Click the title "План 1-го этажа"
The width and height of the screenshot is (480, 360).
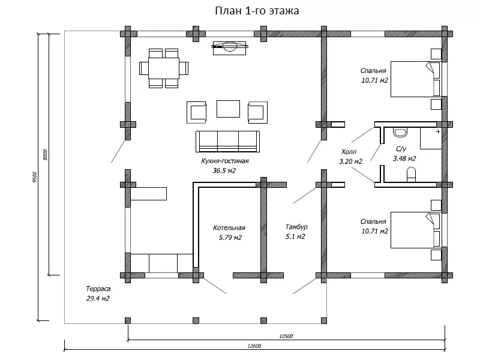click(x=257, y=11)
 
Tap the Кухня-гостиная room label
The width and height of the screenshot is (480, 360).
click(x=225, y=161)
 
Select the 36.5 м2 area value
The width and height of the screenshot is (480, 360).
click(x=224, y=170)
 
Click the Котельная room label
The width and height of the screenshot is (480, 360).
click(x=229, y=228)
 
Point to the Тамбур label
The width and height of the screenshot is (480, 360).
click(x=296, y=227)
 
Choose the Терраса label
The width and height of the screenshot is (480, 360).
click(x=98, y=289)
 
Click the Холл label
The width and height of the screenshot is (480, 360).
click(x=349, y=152)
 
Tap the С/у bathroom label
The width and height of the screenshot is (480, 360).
click(x=401, y=149)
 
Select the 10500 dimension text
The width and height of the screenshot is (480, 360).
click(x=286, y=336)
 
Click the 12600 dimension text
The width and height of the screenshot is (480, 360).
click(x=254, y=346)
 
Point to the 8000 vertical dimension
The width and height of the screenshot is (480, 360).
click(x=45, y=155)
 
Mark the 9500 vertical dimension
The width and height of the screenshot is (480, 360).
click(x=34, y=177)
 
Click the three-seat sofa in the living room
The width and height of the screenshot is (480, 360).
click(x=228, y=142)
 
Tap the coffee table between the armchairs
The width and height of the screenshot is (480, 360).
click(x=229, y=109)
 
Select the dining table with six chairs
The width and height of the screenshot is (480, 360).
click(x=164, y=68)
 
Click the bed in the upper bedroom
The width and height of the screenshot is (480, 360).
click(x=415, y=79)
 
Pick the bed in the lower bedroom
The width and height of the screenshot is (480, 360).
click(x=415, y=230)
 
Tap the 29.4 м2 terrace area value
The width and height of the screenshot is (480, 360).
click(x=98, y=298)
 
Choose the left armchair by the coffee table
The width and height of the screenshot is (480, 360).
click(x=196, y=112)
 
